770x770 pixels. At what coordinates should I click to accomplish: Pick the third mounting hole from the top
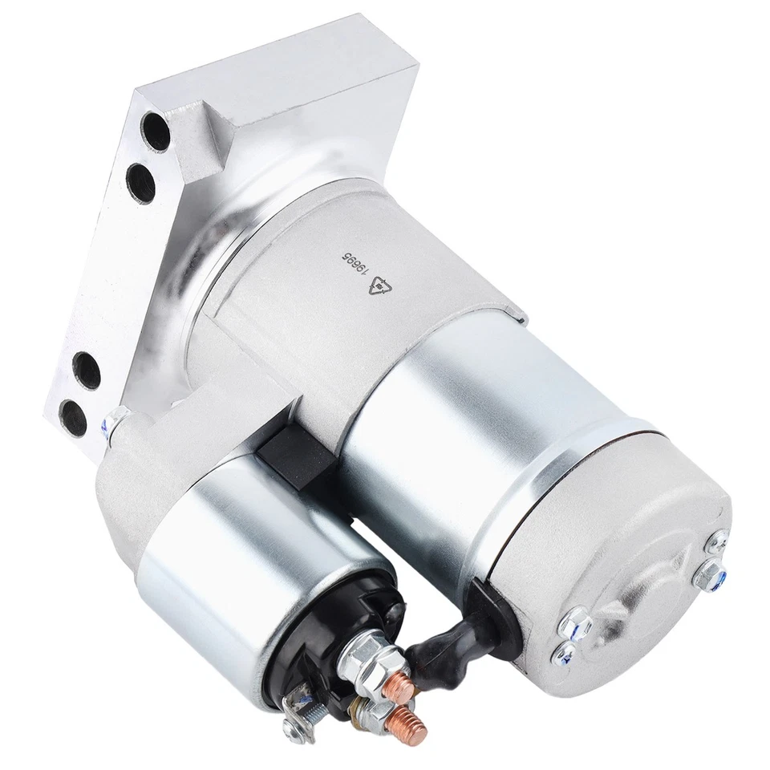pos(87,371)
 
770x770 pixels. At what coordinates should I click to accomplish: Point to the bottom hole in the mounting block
pos(75,415)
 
